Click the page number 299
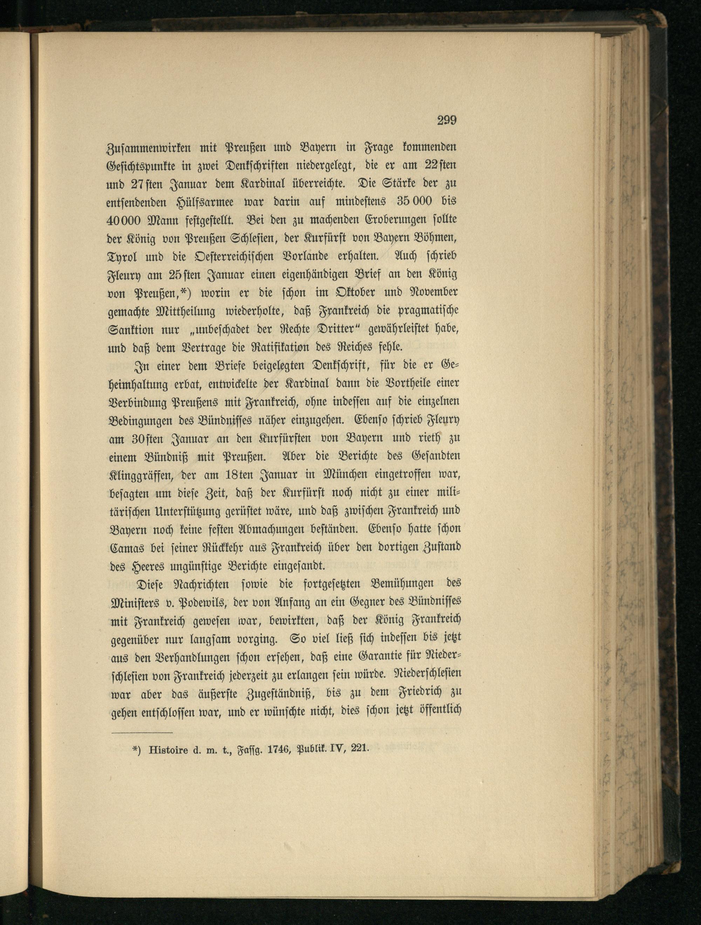coord(446,121)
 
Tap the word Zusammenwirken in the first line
coord(144,148)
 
